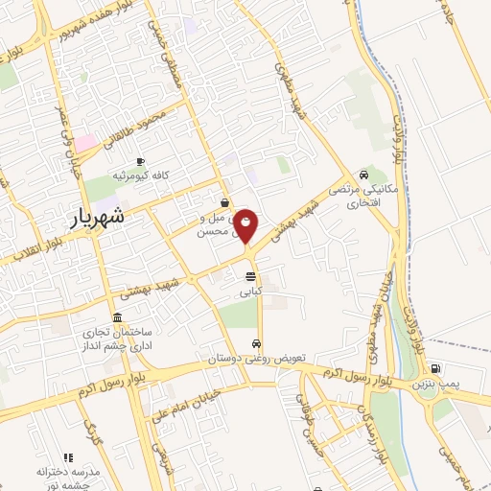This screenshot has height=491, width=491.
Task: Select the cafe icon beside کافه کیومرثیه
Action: tap(141, 160)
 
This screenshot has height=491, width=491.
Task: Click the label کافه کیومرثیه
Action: tap(141, 176)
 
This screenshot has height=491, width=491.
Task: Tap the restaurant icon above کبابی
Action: tap(250, 276)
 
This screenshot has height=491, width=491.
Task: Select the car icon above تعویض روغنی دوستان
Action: tap(256, 343)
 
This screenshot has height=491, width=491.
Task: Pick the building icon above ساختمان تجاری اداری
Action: tap(117, 317)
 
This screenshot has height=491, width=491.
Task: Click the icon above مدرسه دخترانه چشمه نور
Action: tap(67, 458)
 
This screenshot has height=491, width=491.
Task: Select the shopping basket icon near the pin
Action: tap(223, 202)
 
